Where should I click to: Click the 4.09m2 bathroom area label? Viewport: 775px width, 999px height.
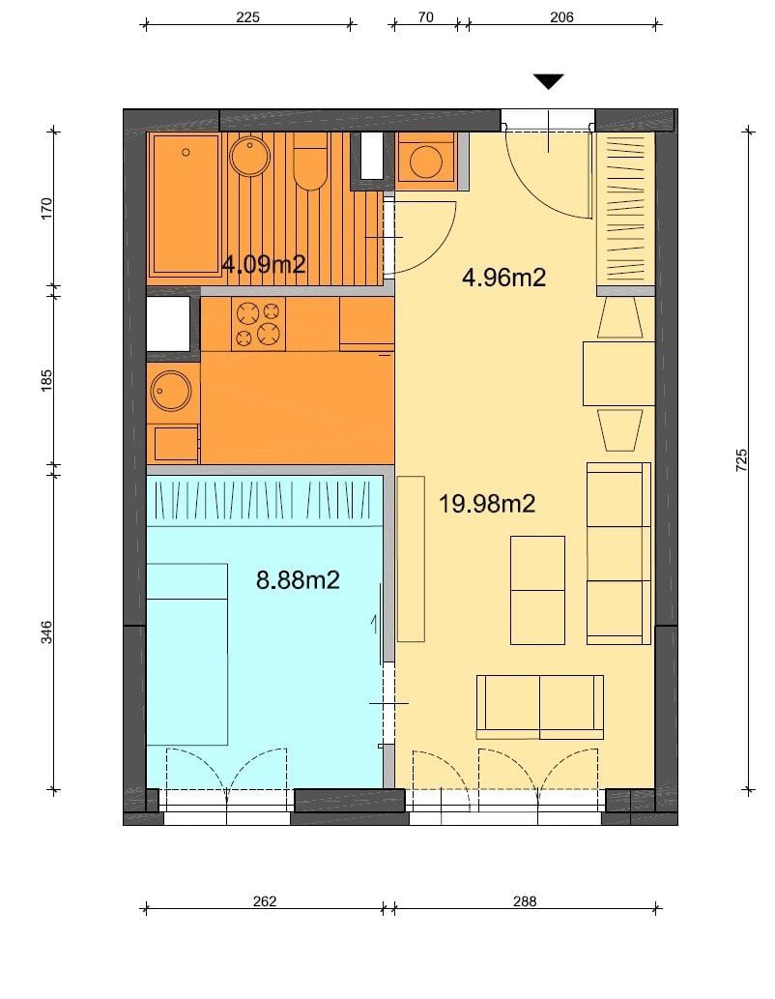pos(264,264)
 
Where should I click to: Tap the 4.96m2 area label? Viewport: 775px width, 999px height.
pos(503,278)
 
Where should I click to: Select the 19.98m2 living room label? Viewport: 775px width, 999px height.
pos(486,504)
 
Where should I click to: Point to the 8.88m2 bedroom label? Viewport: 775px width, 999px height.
pos(298,580)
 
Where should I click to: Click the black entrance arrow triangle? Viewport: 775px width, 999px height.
pos(548,81)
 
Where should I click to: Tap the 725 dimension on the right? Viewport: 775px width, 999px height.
pos(741,460)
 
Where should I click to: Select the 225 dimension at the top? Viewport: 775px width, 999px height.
pos(247,17)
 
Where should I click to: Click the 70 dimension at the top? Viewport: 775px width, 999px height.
pos(425,17)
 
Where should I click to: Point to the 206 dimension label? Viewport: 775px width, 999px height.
pos(561,17)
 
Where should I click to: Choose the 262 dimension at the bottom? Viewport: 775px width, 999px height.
pos(264,901)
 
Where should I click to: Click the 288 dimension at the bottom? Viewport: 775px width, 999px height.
pos(525,901)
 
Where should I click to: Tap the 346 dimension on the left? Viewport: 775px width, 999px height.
pos(46,632)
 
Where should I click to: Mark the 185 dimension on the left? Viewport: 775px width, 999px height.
pos(46,380)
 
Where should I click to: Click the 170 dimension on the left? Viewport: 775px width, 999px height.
pos(46,209)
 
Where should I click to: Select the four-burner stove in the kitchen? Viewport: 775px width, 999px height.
pos(259,324)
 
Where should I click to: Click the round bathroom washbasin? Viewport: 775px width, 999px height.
pos(250,157)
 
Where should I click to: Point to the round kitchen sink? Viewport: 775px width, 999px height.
pos(171,391)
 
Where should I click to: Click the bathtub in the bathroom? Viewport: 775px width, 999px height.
pos(184,204)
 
